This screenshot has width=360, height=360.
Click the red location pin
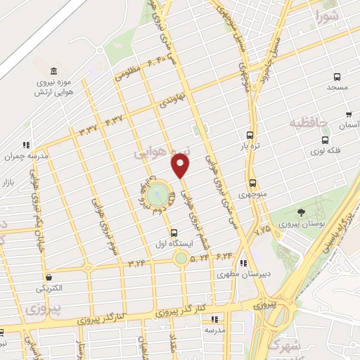(181, 166)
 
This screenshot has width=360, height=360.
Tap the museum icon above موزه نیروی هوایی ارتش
(54, 71)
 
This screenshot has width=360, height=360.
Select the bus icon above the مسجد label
(337, 77)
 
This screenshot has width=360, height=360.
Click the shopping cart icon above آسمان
(349, 114)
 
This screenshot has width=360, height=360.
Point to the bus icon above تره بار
(250, 136)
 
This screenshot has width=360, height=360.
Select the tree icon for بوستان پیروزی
(301, 212)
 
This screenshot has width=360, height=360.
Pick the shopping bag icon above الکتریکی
(48, 277)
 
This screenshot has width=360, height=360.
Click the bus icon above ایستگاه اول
(174, 233)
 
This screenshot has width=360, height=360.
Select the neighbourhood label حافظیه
(309, 123)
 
